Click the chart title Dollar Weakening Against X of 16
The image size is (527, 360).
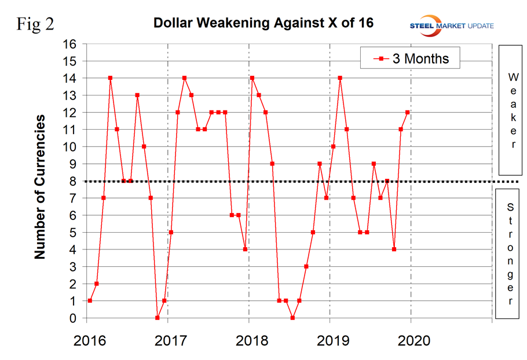point(263,24)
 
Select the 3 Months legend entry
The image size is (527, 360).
point(410,58)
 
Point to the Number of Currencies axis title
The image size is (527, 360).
point(40,186)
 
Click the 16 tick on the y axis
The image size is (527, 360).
point(69,44)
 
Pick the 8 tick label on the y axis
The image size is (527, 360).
point(72,181)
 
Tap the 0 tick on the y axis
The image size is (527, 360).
point(72,318)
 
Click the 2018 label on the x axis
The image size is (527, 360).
point(249,339)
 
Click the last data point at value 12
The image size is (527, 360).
point(408,112)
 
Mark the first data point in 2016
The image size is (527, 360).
point(90,301)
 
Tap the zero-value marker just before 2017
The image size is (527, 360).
point(158,318)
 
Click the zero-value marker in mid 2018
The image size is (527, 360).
point(292,318)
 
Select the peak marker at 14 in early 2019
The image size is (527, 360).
point(340,78)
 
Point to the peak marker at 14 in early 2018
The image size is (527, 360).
point(252,78)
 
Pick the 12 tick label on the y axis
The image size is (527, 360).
point(69,112)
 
